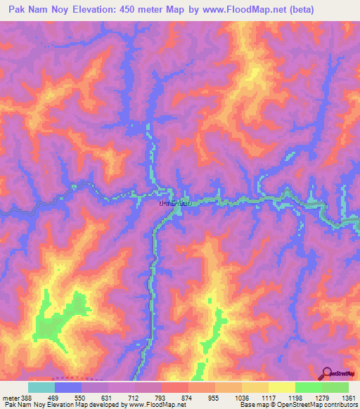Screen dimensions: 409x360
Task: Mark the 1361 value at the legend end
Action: pyautogui.click(x=348, y=397)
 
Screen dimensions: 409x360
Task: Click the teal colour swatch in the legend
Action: pyautogui.click(x=41, y=387)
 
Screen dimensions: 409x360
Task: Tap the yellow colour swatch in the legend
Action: pyautogui.click(x=282, y=387)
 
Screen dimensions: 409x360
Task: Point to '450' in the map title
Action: pyautogui.click(x=134, y=10)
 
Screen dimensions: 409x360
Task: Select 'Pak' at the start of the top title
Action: pyautogui.click(x=18, y=10)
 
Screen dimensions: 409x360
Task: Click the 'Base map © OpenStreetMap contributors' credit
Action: pyautogui.click(x=298, y=405)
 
